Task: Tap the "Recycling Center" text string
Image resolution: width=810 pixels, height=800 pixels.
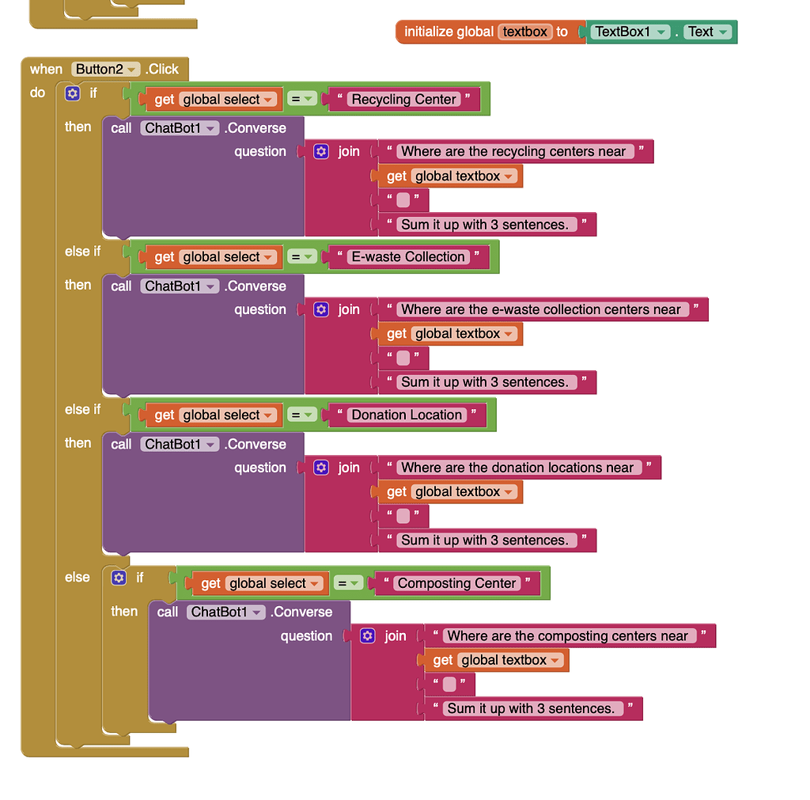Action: click(403, 100)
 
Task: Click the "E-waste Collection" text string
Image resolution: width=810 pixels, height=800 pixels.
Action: click(408, 257)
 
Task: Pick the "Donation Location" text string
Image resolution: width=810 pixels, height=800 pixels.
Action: click(407, 415)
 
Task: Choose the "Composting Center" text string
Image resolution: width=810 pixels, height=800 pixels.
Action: click(456, 583)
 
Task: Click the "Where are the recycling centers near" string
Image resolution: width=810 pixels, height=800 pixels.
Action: click(513, 151)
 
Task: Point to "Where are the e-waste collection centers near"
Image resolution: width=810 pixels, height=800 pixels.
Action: click(540, 309)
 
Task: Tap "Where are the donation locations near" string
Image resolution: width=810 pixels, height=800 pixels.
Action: click(517, 468)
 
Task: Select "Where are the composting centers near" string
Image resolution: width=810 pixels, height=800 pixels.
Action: click(567, 636)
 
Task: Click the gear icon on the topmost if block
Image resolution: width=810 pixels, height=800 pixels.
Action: click(73, 93)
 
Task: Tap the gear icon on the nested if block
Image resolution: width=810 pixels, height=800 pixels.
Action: click(119, 578)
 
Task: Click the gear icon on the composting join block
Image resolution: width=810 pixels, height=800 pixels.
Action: click(367, 636)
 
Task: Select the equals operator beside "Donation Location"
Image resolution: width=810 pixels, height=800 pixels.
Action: click(301, 415)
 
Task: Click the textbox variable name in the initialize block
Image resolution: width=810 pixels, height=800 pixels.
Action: click(525, 32)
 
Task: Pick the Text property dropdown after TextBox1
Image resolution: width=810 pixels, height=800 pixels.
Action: click(708, 32)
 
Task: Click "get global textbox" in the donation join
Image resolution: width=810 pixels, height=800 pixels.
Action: click(451, 492)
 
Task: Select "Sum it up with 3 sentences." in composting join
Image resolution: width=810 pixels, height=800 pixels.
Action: click(531, 709)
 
